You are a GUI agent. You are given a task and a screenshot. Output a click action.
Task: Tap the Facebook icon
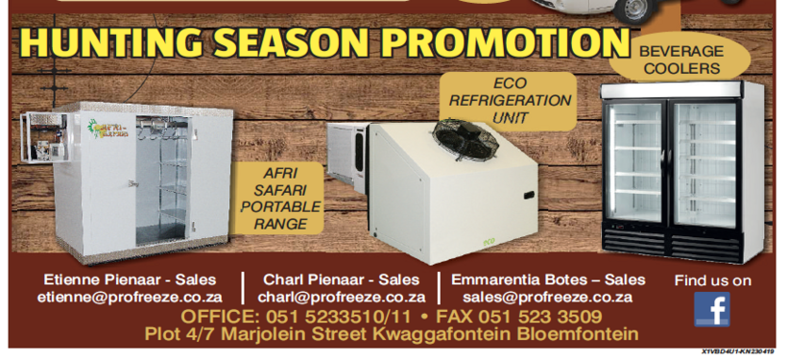click(711, 309)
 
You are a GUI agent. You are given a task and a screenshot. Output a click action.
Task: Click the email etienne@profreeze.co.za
click(130, 298)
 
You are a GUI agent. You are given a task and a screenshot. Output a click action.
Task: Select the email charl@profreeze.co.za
click(342, 298)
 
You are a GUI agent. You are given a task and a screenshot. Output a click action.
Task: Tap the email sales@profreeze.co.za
click(547, 298)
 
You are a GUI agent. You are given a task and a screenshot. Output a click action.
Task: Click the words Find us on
click(712, 280)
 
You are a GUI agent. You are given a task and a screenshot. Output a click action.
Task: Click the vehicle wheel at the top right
click(633, 10)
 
